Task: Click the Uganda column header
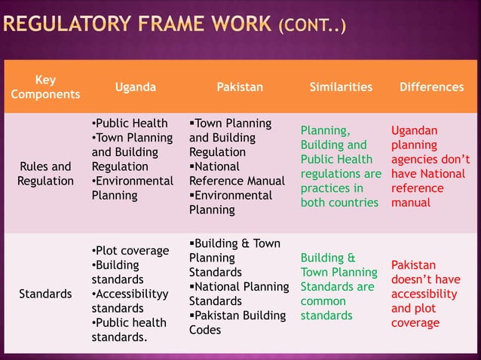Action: click(136, 87)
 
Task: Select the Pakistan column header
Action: click(240, 87)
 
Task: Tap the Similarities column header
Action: click(341, 87)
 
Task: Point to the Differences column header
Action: click(431, 87)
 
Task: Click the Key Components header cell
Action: click(44, 87)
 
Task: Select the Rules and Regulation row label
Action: click(46, 173)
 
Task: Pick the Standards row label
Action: click(45, 294)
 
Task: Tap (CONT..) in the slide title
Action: click(312, 28)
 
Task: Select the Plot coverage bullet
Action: click(129, 251)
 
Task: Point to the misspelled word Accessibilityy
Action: click(130, 294)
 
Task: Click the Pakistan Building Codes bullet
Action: click(237, 322)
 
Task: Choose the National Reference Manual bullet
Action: click(237, 173)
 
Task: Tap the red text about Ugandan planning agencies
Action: click(430, 166)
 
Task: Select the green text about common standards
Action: click(339, 286)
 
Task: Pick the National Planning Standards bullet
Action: click(238, 294)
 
